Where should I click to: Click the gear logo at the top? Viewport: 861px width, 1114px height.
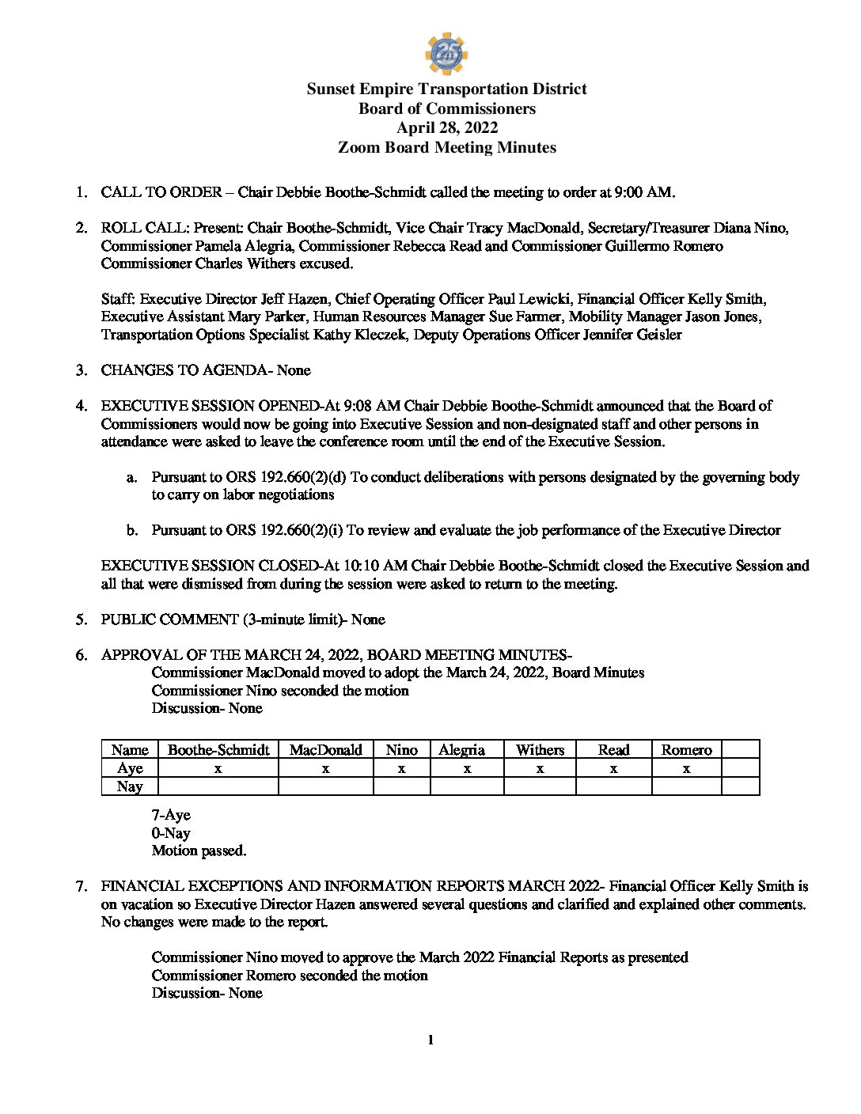point(446,53)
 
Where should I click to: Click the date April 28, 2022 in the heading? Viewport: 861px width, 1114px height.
point(446,128)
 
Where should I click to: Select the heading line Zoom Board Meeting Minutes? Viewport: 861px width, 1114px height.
point(446,148)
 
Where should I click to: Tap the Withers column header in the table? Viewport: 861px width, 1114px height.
point(540,750)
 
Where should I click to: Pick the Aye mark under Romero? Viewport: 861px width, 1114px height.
point(686,768)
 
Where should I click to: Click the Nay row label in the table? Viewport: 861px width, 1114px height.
point(130,786)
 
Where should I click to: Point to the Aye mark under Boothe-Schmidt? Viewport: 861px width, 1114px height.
point(218,768)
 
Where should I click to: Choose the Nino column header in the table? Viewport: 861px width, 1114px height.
point(401,750)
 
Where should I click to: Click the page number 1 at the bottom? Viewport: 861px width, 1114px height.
point(430,1040)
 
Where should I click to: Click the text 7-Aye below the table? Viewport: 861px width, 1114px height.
point(171,815)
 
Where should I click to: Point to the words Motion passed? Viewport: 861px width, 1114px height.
point(199,851)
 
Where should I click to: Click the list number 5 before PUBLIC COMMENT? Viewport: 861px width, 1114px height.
point(82,620)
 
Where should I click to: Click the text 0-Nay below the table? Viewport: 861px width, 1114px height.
point(171,833)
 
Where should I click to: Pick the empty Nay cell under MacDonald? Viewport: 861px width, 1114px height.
point(325,786)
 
